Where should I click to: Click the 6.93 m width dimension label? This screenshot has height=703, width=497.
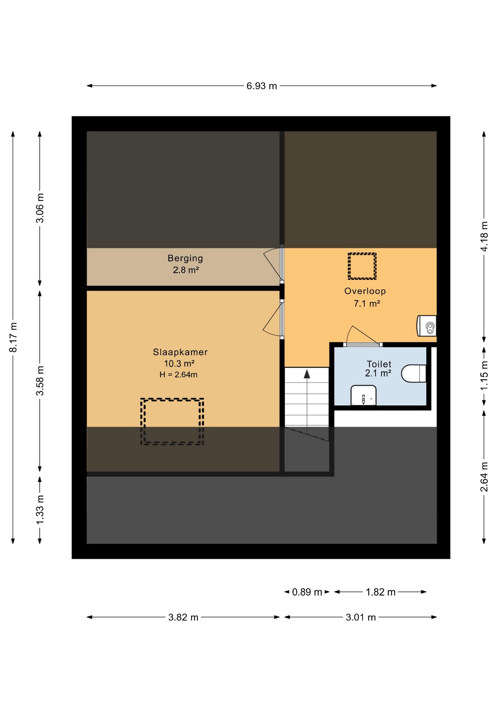tap(262, 86)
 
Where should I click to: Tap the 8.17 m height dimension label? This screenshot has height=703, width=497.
tap(13, 337)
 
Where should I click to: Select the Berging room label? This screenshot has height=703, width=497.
tap(186, 258)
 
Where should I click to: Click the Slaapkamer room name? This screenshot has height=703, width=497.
tap(180, 352)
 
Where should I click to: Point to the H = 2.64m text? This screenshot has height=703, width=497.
tap(179, 375)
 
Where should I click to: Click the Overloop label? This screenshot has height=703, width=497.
tap(365, 291)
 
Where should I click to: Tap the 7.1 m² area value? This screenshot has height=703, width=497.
tap(367, 304)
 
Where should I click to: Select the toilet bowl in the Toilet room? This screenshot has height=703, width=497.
tap(414, 373)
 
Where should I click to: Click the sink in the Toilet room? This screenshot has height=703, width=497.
tap(363, 395)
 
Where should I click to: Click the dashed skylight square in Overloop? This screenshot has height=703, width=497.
tap(362, 266)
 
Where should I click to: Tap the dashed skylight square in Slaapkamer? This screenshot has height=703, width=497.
tap(172, 421)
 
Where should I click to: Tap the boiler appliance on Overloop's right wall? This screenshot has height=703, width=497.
tap(427, 326)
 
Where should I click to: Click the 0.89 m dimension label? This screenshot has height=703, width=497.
tap(307, 592)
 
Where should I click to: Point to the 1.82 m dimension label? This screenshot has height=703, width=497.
tap(381, 592)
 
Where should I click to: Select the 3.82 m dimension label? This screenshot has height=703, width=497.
tap(183, 617)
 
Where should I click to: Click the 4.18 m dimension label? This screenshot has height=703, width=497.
tap(484, 237)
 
